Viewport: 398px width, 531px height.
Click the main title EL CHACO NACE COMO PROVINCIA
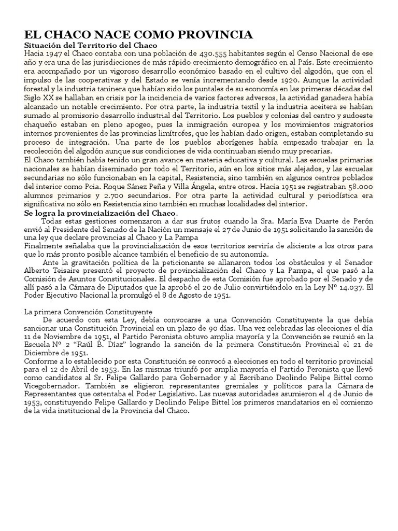(139, 35)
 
